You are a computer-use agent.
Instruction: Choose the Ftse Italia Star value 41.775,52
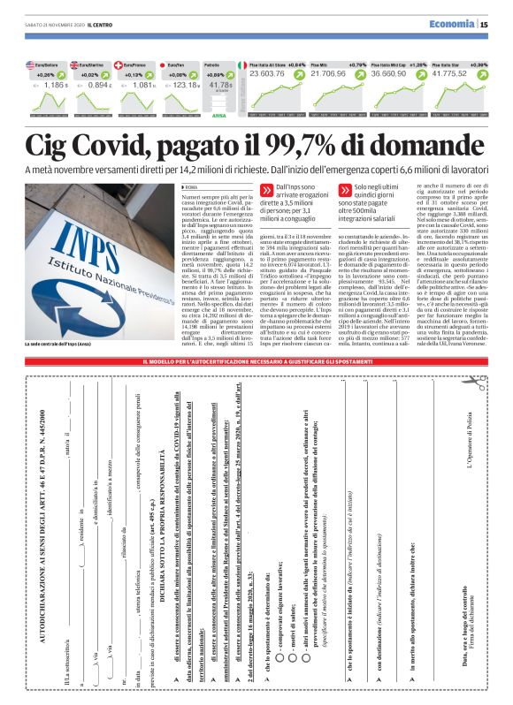461,75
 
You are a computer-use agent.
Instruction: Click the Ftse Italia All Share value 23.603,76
274,75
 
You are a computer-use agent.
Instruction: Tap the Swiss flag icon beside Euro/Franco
129,65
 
